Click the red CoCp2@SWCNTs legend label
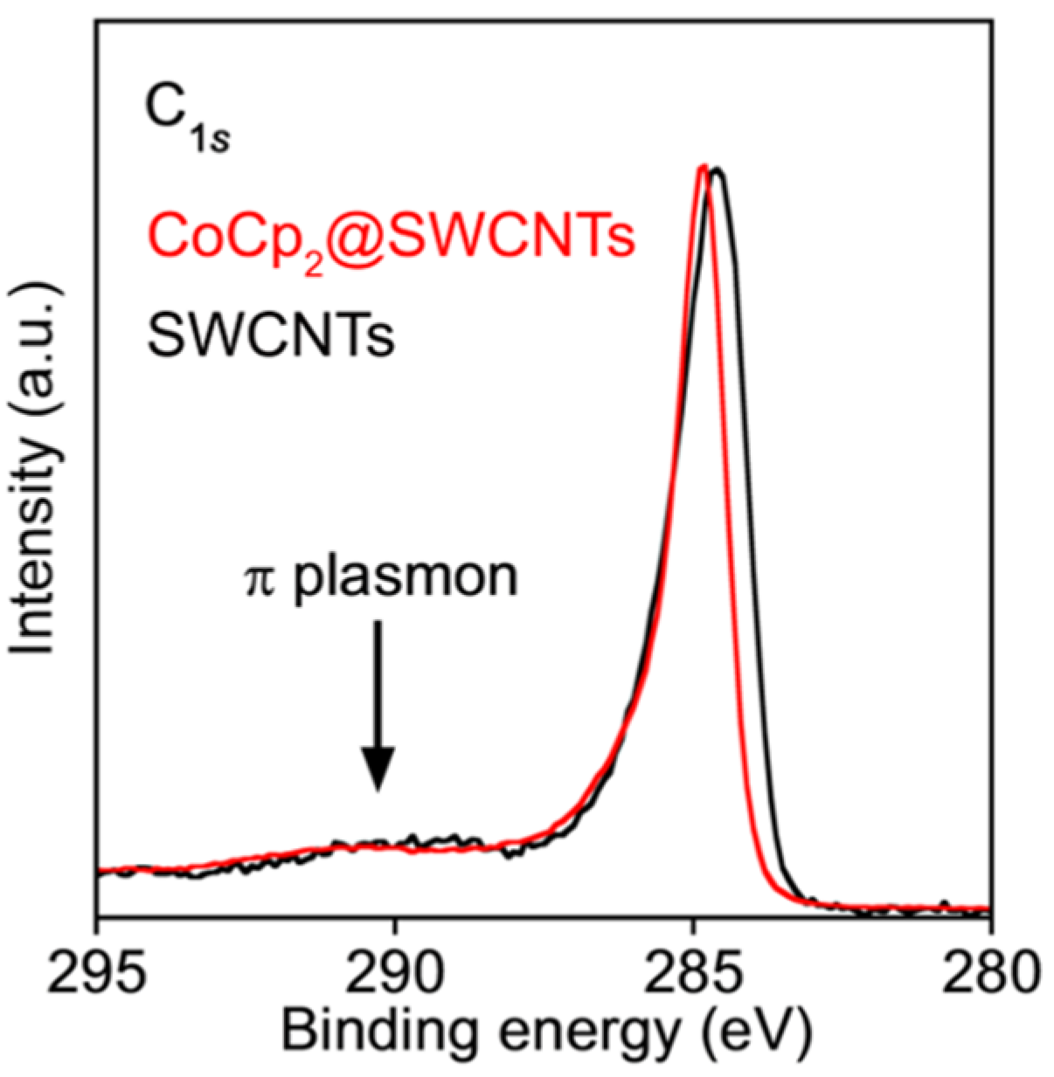point(391,238)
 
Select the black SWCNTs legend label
point(271,335)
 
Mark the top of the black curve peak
point(718,171)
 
